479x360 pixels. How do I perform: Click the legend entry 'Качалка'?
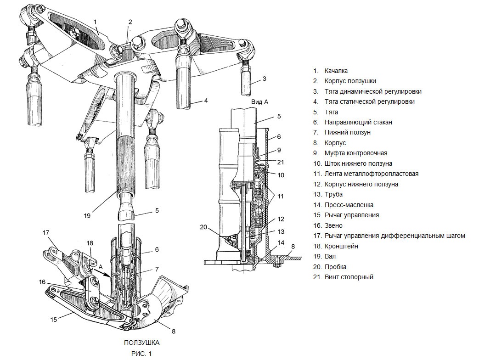click(336, 71)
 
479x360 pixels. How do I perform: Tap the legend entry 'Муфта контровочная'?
click(355, 153)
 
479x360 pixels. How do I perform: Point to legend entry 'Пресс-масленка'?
click(349, 205)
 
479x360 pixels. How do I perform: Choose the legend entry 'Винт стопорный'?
click(349, 277)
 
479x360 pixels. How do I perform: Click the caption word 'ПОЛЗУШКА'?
click(141, 343)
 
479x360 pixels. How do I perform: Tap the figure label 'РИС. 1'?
click(141, 353)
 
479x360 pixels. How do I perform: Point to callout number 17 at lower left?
click(46, 233)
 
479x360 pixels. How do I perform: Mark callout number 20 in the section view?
click(203, 226)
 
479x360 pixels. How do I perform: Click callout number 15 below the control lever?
click(54, 319)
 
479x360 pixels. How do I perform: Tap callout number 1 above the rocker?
click(95, 21)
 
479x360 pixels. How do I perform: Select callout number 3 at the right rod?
click(265, 79)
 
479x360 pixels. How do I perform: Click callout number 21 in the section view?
click(281, 162)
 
